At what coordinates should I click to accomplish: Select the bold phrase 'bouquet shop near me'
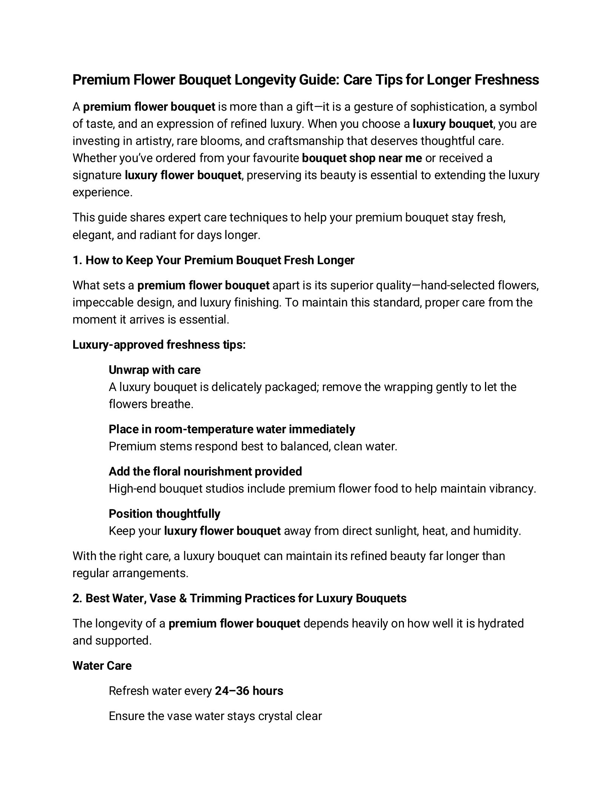click(x=362, y=158)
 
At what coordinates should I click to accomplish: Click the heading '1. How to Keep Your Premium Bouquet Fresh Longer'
click(x=213, y=260)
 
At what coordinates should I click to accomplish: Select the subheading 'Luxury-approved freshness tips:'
click(x=159, y=345)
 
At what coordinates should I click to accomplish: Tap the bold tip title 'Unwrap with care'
click(x=154, y=370)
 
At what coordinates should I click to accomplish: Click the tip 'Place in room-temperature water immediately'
click(x=232, y=429)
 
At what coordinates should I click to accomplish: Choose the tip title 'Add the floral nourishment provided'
click(x=205, y=471)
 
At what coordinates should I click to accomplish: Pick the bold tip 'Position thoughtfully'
click(x=165, y=514)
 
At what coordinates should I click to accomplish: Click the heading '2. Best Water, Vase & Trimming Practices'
click(x=239, y=598)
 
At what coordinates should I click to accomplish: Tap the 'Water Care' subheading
click(x=102, y=666)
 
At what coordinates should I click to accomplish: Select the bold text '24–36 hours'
click(x=249, y=691)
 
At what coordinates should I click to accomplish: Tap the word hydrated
click(x=500, y=623)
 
